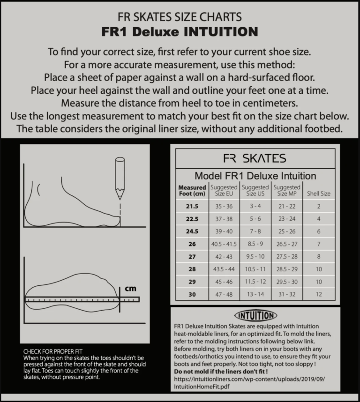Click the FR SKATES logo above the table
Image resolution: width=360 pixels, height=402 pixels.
click(x=255, y=158)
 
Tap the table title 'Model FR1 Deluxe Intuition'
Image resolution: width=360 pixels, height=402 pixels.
click(x=255, y=176)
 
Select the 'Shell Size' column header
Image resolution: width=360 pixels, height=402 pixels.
click(x=318, y=193)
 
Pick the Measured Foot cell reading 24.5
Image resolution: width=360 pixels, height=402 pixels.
click(x=192, y=231)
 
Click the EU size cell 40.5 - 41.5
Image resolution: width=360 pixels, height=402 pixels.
click(x=224, y=244)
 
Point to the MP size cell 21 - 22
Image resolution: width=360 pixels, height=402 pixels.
click(x=286, y=206)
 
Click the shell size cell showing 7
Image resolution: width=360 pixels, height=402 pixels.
click(x=318, y=244)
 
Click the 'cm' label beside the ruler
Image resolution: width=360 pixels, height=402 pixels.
click(x=130, y=289)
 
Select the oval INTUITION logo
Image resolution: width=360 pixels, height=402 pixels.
click(x=255, y=315)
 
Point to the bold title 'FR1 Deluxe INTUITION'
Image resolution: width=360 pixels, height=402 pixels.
click(x=180, y=32)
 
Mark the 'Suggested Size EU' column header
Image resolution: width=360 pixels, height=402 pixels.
click(x=224, y=190)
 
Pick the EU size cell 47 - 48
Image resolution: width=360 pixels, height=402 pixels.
click(x=224, y=295)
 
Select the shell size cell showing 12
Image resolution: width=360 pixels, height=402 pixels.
click(x=318, y=295)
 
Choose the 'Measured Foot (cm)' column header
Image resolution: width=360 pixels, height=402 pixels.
click(x=192, y=190)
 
